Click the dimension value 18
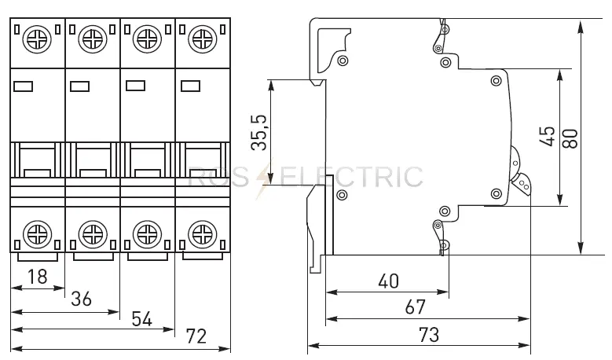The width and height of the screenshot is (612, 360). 38,277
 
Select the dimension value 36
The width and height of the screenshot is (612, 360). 81,299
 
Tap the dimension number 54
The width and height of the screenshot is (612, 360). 141,318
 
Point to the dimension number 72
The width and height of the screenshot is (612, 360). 196,336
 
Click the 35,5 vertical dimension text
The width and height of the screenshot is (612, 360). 258,132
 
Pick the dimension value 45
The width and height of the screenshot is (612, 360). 548,136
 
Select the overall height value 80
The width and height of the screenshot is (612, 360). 570,138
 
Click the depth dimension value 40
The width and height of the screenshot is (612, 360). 388,281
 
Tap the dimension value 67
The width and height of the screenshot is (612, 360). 415,307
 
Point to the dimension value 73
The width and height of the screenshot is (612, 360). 429,335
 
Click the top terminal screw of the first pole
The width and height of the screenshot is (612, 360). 37,39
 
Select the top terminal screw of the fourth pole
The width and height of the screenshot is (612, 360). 203,39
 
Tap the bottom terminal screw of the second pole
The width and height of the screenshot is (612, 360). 93,234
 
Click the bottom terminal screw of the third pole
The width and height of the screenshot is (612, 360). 147,234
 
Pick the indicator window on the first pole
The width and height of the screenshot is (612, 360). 23,86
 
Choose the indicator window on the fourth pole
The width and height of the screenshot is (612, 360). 190,86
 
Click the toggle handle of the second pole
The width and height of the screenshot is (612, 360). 93,160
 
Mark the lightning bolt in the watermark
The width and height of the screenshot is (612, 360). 264,180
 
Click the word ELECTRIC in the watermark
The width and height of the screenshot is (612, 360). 351,177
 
